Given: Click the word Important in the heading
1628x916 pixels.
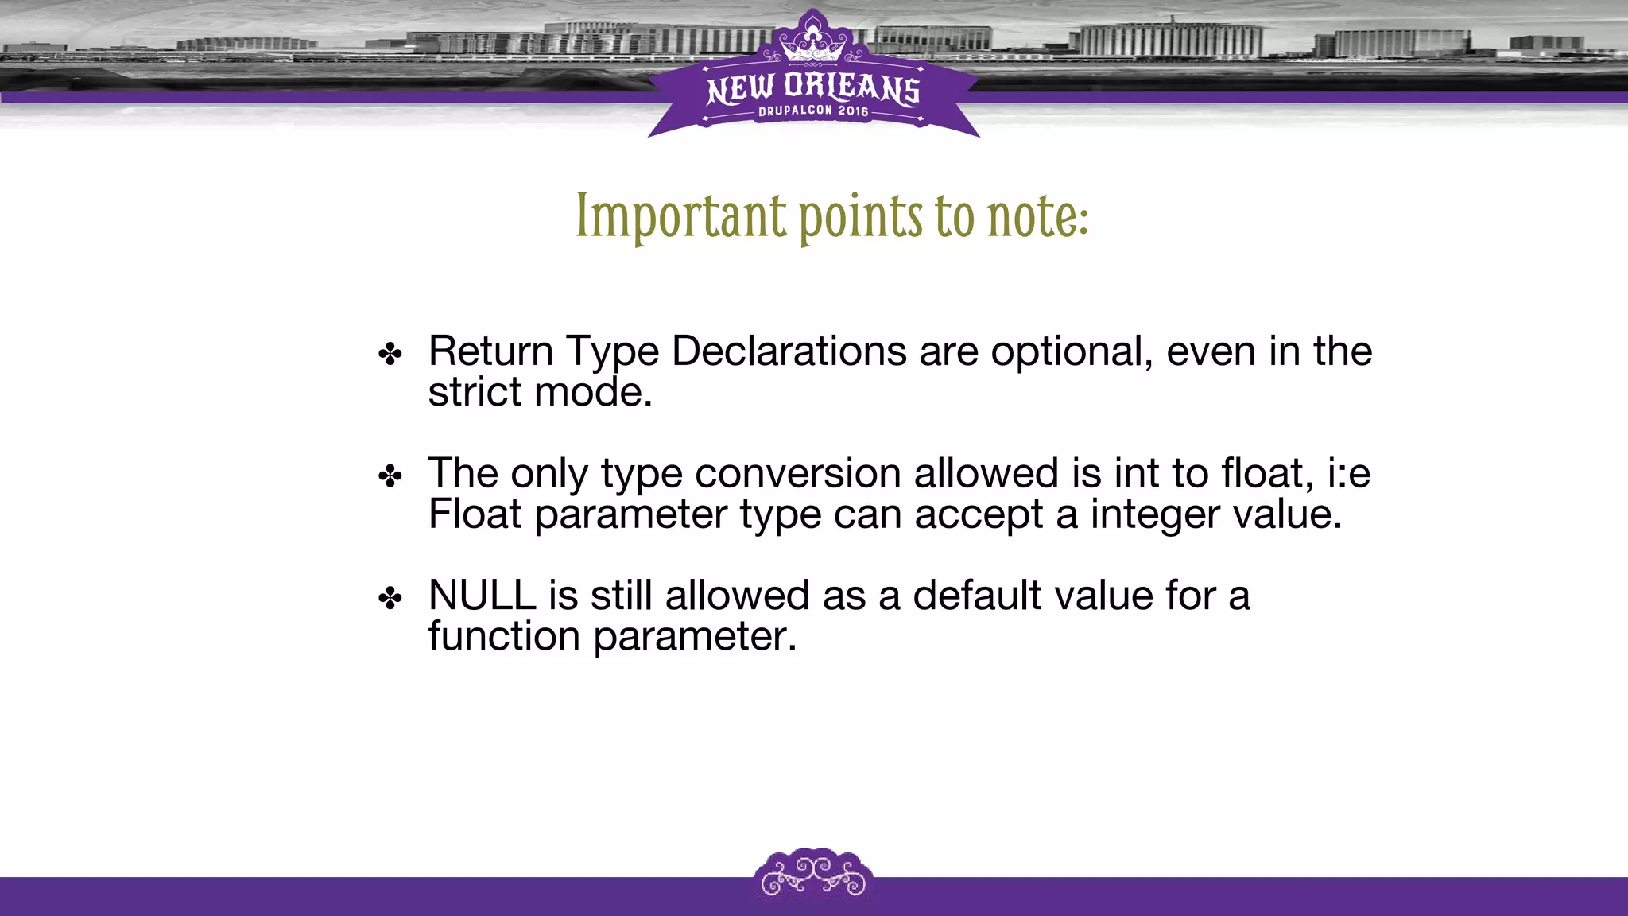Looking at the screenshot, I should [681, 216].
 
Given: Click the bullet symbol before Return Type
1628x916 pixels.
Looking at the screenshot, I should [390, 354].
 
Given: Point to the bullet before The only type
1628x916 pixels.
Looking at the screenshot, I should [390, 476].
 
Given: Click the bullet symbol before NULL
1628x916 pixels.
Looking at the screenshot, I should [390, 598].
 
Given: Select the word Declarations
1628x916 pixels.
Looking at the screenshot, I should [789, 351].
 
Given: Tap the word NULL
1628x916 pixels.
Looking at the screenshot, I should [482, 595].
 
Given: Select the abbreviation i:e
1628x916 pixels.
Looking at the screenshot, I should [1348, 473].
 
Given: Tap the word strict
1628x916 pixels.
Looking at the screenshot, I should [474, 392].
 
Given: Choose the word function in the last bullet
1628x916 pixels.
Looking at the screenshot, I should [504, 636].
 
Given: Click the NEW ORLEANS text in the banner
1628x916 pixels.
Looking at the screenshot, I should [813, 89].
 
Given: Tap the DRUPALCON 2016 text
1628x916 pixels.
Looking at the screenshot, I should [813, 111].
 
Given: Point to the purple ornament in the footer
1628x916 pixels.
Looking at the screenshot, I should [813, 875].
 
